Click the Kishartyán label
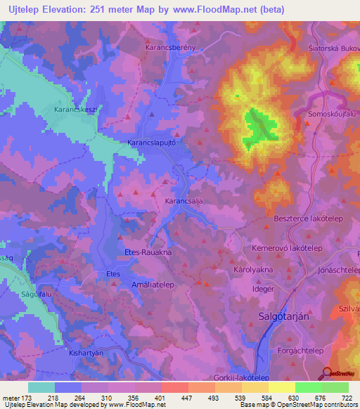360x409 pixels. click(x=86, y=353)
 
